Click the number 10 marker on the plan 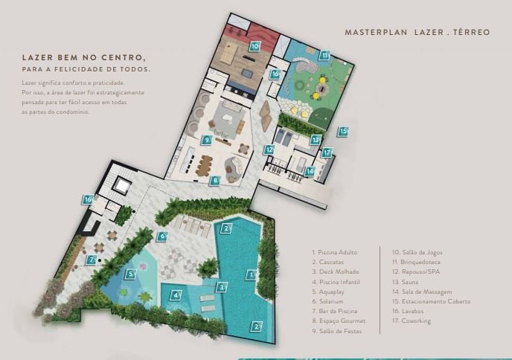coord(255,46)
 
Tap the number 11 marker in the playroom coord(324,56)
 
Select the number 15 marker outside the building coord(343,132)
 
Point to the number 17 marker coord(327,152)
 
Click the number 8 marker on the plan coord(214,181)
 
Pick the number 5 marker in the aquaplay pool coord(130,274)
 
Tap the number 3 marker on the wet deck coord(221,287)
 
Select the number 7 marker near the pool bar coord(91,260)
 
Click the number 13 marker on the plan coord(315,140)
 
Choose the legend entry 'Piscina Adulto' coord(335,252)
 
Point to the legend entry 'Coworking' coord(412,321)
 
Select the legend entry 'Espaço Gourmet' coord(339,321)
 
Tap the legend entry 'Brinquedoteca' coord(416,262)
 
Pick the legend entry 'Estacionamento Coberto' coord(432,301)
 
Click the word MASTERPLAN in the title coord(376,32)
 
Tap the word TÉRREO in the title coord(472,32)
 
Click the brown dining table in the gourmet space coord(204,165)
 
